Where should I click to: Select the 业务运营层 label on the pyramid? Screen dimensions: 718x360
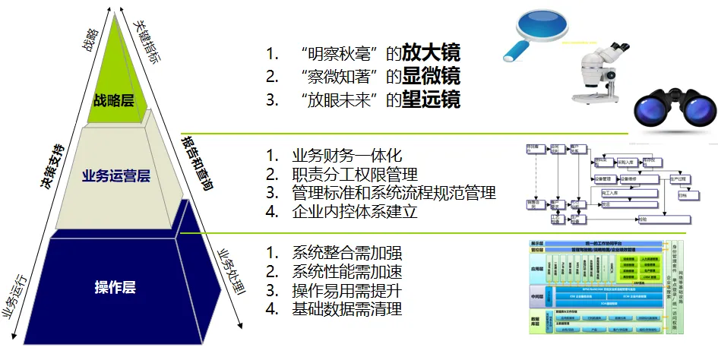[x=115, y=176]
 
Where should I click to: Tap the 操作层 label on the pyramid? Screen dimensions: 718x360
[x=115, y=287]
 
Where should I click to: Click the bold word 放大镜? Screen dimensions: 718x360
[x=431, y=54]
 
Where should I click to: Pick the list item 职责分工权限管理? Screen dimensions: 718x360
[x=355, y=174]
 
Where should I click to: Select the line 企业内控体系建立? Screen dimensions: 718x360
[x=355, y=212]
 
